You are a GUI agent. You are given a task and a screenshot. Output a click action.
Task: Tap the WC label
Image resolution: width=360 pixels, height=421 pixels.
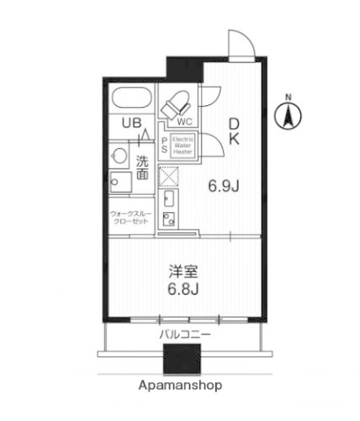click(x=184, y=122)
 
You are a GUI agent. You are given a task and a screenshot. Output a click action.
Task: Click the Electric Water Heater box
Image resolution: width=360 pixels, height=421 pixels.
click(x=183, y=146)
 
